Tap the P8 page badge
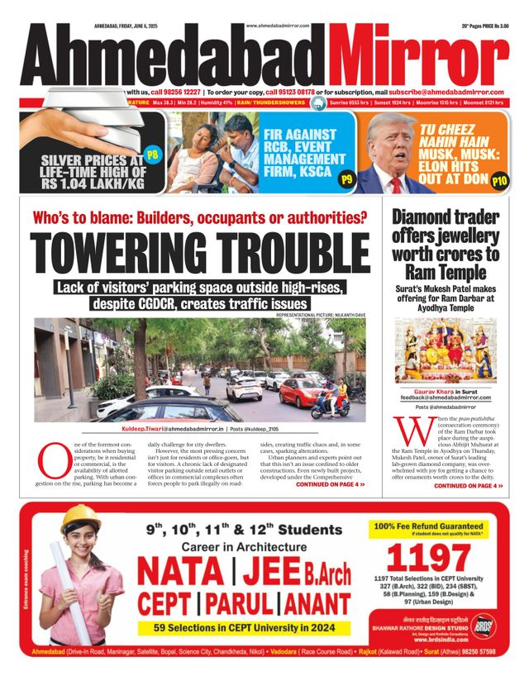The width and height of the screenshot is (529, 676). point(152,154)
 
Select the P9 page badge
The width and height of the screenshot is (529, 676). point(346,179)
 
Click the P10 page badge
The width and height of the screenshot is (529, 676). point(499,180)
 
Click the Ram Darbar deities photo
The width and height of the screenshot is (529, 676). point(446,350)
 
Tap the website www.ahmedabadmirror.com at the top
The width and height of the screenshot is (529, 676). point(277,26)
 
